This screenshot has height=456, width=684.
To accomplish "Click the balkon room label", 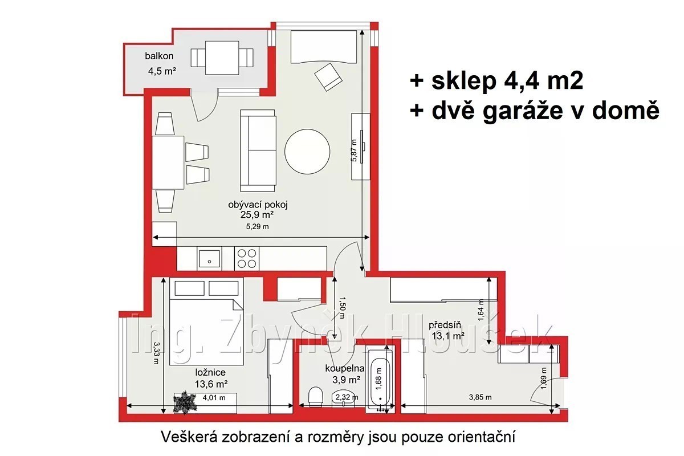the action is [159, 56].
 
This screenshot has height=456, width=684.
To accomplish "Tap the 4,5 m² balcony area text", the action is [162, 71].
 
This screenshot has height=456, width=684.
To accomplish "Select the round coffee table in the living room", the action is [307, 152].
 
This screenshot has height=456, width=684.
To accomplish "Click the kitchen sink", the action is [209, 258].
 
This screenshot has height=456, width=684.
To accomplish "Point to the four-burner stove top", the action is [247, 258].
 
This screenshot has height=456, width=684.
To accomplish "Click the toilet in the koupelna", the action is [316, 397].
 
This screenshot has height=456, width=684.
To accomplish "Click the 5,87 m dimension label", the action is [353, 150].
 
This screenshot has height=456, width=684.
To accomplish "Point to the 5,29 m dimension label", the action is [258, 226].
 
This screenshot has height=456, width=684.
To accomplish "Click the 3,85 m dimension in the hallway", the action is [481, 397].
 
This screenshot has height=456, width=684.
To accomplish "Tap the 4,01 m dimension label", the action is [214, 397].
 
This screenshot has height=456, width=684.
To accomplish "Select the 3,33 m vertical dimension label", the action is [156, 353].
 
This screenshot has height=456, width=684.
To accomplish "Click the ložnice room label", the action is [210, 372].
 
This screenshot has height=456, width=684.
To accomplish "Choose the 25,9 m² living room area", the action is [256, 215].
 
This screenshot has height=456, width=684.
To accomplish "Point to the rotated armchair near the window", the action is [328, 76].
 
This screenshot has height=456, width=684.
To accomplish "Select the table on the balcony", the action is [222, 58].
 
